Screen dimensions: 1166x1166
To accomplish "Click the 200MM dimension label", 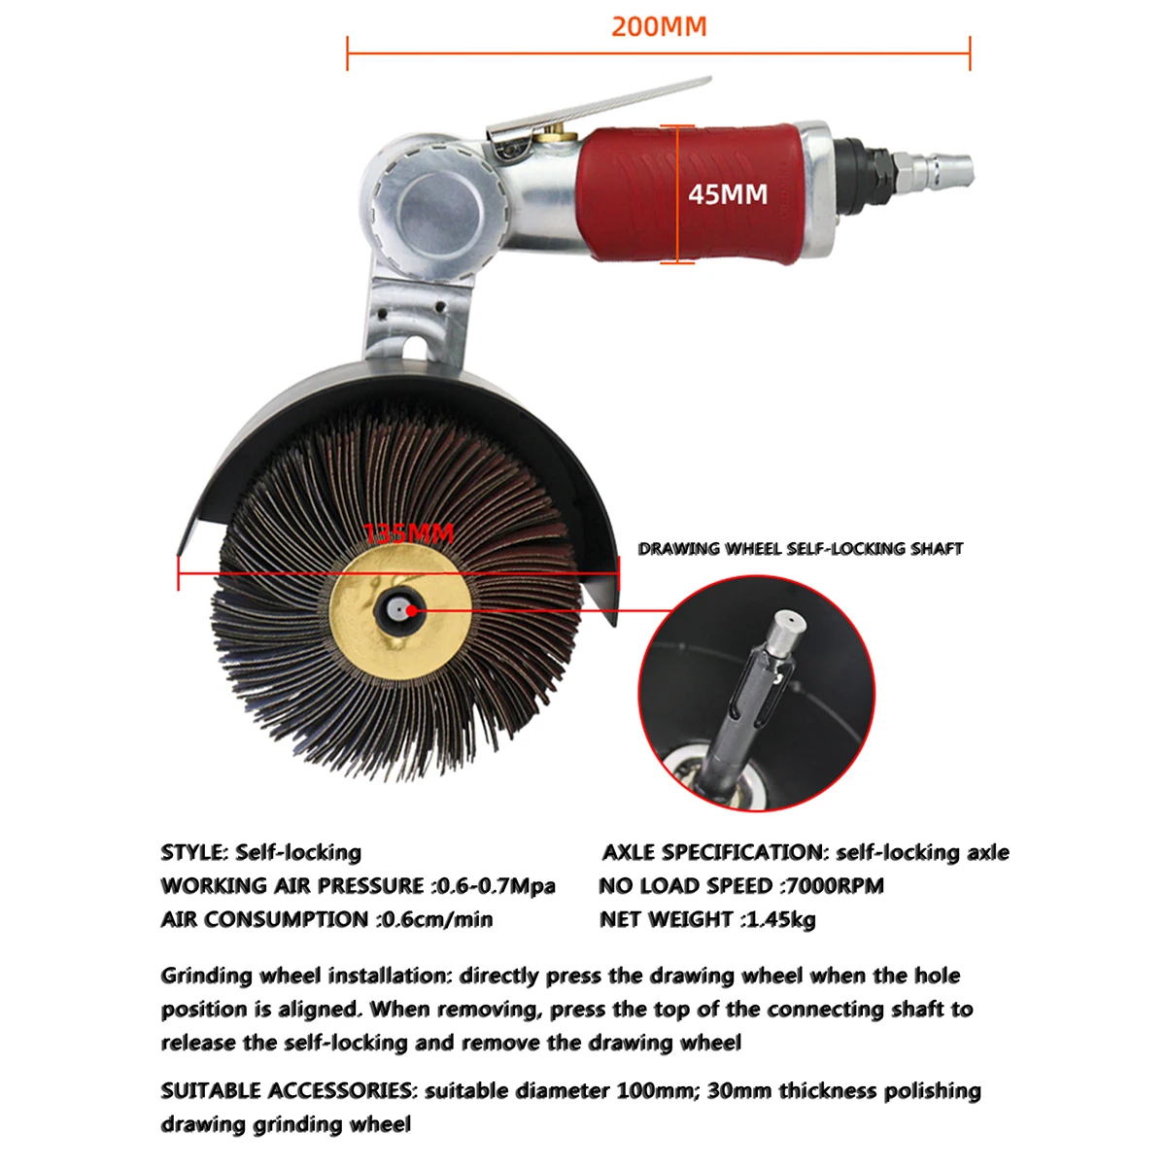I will (659, 26).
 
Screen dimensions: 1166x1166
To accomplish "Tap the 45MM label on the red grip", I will (728, 194).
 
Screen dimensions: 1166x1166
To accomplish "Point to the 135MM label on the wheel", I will (409, 533).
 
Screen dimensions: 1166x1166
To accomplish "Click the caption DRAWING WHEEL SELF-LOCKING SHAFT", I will (800, 549).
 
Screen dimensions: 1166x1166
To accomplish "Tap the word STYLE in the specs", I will (193, 852).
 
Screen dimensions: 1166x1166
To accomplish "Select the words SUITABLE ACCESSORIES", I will (287, 1090).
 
